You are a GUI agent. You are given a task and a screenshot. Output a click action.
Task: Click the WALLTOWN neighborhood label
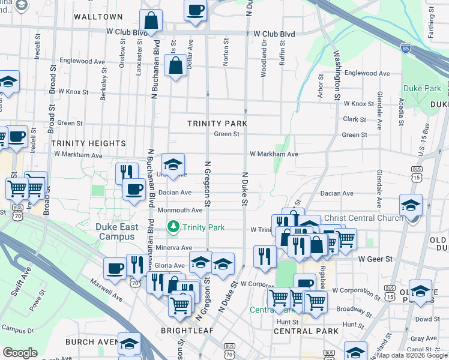[98, 17]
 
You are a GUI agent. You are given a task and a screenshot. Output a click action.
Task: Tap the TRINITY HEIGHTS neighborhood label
[88, 143]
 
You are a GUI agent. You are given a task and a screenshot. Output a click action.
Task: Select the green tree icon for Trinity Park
[173, 226]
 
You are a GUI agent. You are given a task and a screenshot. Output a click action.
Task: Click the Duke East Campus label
[116, 232]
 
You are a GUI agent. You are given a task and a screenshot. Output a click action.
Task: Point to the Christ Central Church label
[363, 218]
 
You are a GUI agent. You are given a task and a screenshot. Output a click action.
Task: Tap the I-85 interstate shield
[406, 47]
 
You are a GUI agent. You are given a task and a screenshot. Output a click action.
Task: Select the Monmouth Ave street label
[180, 210]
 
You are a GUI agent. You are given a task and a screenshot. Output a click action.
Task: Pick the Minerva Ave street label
[173, 247]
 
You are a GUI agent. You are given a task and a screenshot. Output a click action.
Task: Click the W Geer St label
[375, 259]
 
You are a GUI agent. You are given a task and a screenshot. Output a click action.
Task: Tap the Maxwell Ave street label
[107, 290]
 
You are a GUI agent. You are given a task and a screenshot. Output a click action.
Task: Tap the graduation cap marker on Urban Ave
[173, 165]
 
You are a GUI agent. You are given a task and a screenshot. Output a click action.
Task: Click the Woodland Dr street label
[264, 58]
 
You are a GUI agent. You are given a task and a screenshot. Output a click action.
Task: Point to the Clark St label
[354, 119]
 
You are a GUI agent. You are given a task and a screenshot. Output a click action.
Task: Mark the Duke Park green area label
[422, 88]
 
